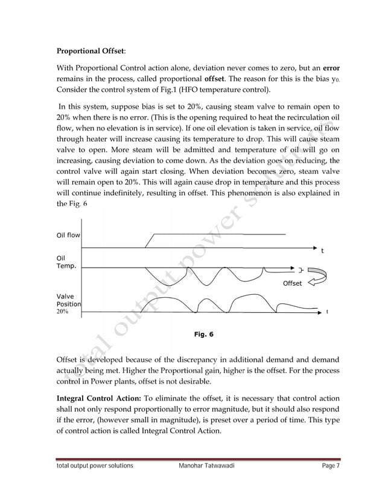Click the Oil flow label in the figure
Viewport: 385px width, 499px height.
tap(69, 236)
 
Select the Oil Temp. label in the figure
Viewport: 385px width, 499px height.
tap(66, 262)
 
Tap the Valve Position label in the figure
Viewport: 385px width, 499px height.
tap(68, 300)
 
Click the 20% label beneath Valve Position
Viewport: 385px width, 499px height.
tap(62, 312)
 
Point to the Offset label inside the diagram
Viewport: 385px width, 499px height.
tap(293, 283)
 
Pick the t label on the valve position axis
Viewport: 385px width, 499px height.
tap(326, 312)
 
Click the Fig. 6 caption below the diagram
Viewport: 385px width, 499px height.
tap(203, 333)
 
